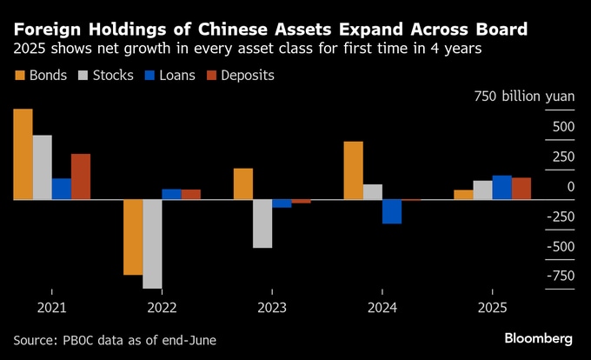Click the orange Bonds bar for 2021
click(x=23, y=154)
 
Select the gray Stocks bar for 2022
click(x=152, y=243)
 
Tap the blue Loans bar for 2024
click(x=392, y=211)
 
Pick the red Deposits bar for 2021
click(x=81, y=177)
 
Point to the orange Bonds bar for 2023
click(x=243, y=183)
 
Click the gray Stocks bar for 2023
click(x=262, y=223)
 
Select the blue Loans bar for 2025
click(x=501, y=187)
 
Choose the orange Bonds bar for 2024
click(x=353, y=170)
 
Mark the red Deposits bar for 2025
click(x=521, y=189)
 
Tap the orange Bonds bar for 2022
click(x=133, y=237)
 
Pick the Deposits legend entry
click(x=242, y=75)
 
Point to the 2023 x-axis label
click(x=272, y=308)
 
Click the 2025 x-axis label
click(x=493, y=308)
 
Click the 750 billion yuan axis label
click(x=524, y=97)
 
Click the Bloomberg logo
click(x=538, y=337)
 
